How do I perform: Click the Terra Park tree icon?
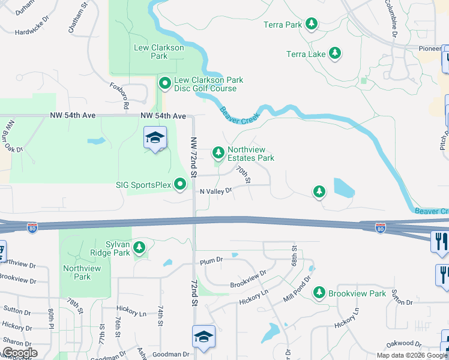click(x=312, y=24)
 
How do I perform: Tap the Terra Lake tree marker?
click(x=335, y=53)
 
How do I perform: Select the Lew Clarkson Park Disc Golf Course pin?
click(x=163, y=83)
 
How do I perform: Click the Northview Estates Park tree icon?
click(x=218, y=152)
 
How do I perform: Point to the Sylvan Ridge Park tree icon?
click(x=139, y=247)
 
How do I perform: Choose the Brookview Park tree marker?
click(x=319, y=293)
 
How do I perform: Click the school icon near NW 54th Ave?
click(x=155, y=139)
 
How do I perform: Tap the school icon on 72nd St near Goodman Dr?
click(x=203, y=335)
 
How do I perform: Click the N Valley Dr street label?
click(x=216, y=191)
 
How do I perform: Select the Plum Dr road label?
click(x=211, y=260)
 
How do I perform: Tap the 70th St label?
click(x=243, y=175)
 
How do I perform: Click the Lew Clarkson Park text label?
click(x=151, y=50)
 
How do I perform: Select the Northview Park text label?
click(x=77, y=272)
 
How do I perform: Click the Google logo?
click(x=19, y=353)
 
